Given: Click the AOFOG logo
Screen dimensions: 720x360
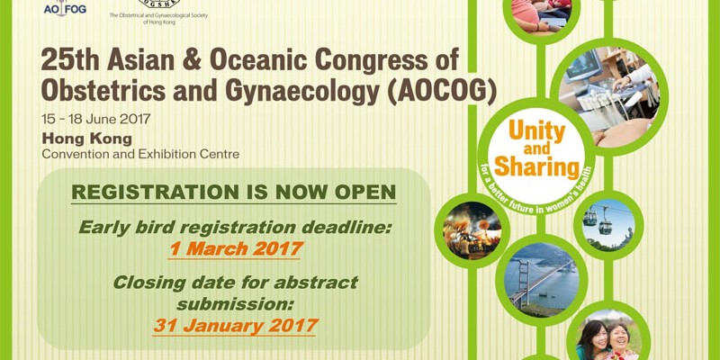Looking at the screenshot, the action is (x=65, y=8).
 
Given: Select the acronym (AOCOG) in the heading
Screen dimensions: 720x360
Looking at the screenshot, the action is (x=442, y=92).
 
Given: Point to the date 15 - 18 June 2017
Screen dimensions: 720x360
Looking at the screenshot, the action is (x=96, y=120).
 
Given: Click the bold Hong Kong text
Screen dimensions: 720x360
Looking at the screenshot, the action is (x=86, y=139).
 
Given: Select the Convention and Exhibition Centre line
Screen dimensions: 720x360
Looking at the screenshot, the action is (x=140, y=154).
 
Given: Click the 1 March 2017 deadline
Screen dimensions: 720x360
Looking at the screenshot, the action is (x=236, y=249).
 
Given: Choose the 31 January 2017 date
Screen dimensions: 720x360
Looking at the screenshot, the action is (x=235, y=326).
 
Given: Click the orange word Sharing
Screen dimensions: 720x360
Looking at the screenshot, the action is (x=536, y=167).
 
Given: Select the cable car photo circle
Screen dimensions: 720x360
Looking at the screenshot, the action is (x=608, y=225).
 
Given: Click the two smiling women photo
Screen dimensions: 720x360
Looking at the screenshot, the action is (x=608, y=335).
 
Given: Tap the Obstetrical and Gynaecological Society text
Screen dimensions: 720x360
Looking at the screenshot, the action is (x=158, y=18).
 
